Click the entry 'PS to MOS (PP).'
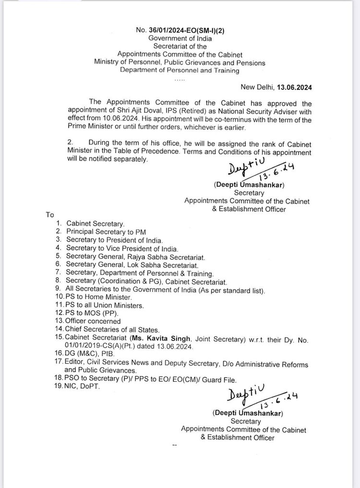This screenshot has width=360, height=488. click(88, 313)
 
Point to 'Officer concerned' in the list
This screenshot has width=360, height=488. click(93, 321)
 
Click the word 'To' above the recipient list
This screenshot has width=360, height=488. click(50, 215)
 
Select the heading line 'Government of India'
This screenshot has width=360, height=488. click(180, 38)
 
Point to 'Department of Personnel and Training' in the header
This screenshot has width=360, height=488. click(180, 71)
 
